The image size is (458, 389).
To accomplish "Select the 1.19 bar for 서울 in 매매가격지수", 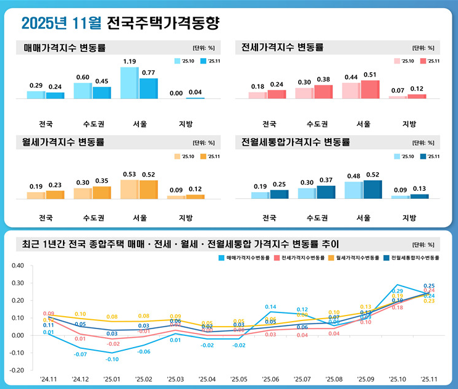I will (130, 83).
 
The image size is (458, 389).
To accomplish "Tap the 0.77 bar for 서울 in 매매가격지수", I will (149, 88).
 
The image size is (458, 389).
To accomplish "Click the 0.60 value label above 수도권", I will (83, 77).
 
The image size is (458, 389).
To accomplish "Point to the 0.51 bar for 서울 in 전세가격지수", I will (370, 90).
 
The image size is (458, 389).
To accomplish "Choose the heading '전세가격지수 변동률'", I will (282, 47).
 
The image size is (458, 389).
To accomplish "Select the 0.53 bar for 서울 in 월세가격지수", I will (130, 189).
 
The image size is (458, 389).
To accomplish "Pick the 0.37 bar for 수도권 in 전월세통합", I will (326, 192).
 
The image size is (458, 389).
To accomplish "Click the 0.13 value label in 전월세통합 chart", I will (420, 189).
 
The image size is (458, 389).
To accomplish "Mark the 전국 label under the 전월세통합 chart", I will (270, 218).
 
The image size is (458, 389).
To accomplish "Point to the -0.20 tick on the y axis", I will (17, 370).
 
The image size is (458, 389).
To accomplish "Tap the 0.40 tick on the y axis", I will (17, 266).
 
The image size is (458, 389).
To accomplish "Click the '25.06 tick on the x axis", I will (270, 380).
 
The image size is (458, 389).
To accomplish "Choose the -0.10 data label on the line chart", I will (111, 359).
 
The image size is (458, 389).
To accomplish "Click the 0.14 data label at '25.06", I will (270, 307).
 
